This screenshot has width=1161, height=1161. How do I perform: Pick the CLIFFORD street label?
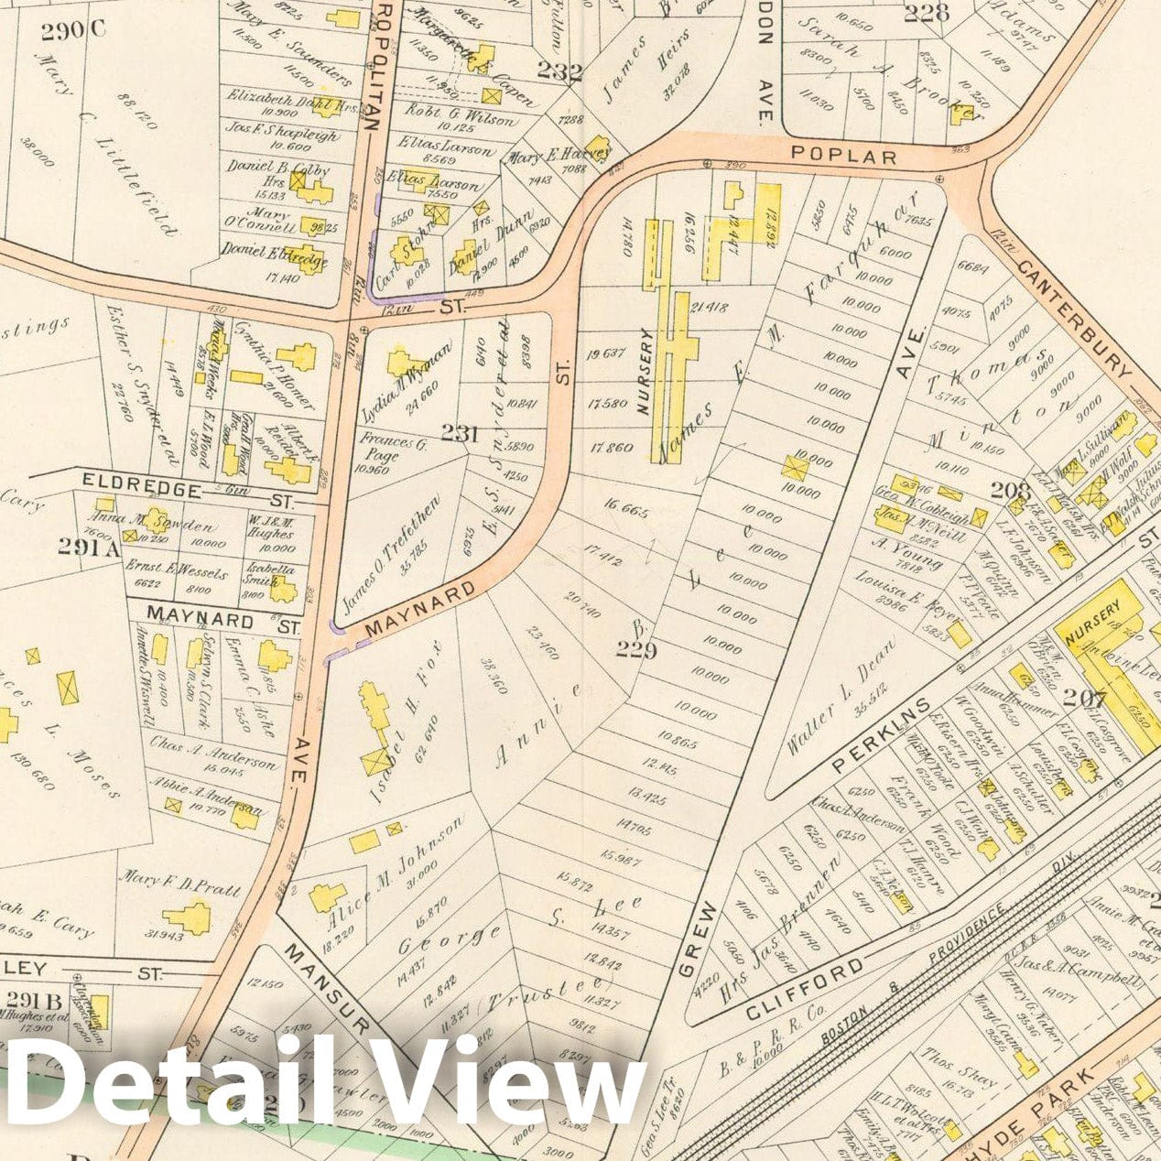pos(805,991)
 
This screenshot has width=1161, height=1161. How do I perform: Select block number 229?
pos(637,651)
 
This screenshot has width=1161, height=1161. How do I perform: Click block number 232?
pos(559,71)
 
